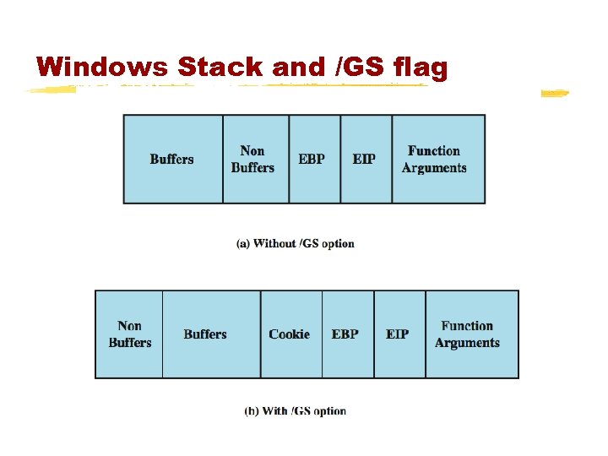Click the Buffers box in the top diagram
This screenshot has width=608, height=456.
172,160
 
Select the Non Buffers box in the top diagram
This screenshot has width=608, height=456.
253,160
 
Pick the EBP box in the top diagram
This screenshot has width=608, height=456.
312,160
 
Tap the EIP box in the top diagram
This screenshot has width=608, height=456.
364,160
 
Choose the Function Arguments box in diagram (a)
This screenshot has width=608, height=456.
434,160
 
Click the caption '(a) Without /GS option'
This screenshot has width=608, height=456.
296,244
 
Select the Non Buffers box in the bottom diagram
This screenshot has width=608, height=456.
130,334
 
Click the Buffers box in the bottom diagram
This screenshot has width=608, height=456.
205,334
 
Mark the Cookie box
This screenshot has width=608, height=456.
290,334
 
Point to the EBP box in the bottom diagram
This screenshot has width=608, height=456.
345,334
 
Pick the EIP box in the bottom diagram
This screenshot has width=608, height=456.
398,334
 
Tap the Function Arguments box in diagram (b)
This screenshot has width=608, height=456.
468,334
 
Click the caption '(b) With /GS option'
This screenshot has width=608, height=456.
296,411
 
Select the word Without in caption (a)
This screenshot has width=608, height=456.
275,244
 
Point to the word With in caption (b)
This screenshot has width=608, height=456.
275,411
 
